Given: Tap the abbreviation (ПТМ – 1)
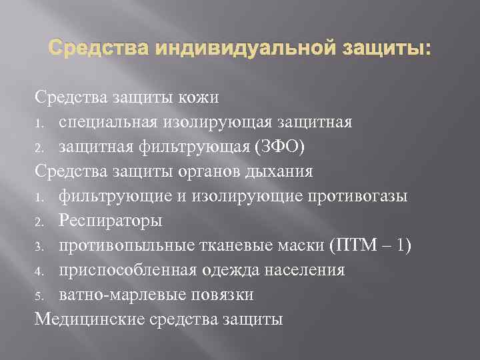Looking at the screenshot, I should tap(370, 245).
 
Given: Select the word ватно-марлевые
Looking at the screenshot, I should tap(124, 295).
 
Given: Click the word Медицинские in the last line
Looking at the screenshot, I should tap(83, 319).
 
